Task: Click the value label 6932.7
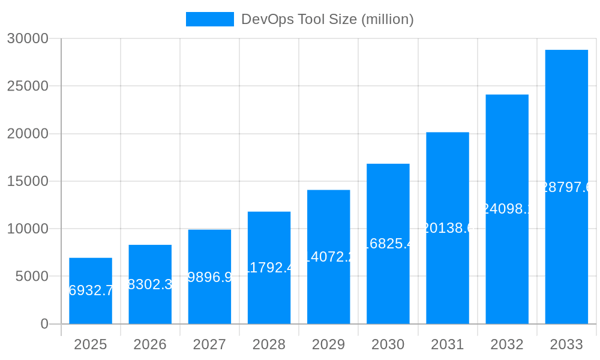[x=91, y=291]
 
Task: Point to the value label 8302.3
[x=150, y=284]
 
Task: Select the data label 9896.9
[x=209, y=277]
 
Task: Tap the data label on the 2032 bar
[x=507, y=209]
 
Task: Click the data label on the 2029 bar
[x=329, y=257]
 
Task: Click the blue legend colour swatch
[x=209, y=19]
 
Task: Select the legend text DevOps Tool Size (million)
[x=327, y=19]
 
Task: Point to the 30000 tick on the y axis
[x=27, y=38]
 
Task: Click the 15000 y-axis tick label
[x=27, y=181]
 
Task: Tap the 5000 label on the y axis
[x=31, y=277]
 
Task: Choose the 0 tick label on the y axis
[x=44, y=324]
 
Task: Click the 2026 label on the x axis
[x=150, y=344]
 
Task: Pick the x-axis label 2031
[x=448, y=344]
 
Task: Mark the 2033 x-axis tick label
[x=566, y=344]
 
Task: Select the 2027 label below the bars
[x=209, y=344]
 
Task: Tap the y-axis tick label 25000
[x=27, y=86]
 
